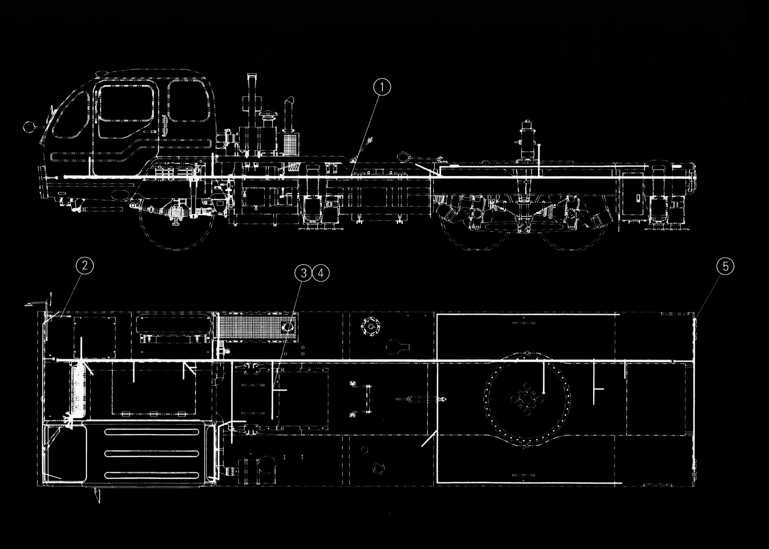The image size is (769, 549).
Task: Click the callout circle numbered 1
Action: pyautogui.click(x=382, y=88)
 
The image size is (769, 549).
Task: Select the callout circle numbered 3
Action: pyautogui.click(x=303, y=273)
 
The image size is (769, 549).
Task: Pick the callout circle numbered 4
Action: pyautogui.click(x=320, y=273)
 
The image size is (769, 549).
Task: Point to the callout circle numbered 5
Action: pyautogui.click(x=725, y=266)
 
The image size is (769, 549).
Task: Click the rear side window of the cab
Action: pyautogui.click(x=188, y=101)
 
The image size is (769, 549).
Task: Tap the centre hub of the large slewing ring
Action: pyautogui.click(x=526, y=399)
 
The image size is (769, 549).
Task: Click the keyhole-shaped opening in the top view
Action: pyautogui.click(x=396, y=347)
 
